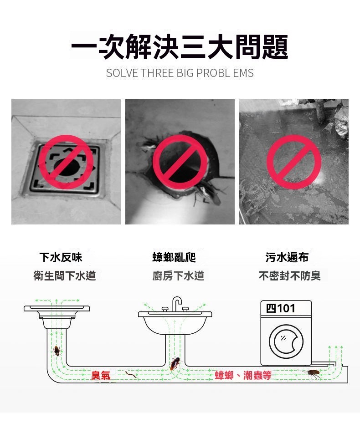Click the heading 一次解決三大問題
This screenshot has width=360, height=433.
(180, 46)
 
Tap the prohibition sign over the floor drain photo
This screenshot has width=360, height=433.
(66, 162)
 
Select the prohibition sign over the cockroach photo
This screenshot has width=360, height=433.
(180, 162)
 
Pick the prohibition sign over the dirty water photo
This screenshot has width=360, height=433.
(293, 162)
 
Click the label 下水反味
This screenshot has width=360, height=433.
(61, 257)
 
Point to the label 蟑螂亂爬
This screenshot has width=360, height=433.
(174, 257)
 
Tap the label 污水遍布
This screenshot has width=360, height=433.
(287, 257)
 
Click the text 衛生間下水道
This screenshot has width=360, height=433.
(65, 275)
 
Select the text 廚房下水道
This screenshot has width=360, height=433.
(178, 275)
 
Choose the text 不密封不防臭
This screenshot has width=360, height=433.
(290, 275)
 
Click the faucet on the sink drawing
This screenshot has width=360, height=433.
(176, 303)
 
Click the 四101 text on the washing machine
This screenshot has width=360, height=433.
(280, 308)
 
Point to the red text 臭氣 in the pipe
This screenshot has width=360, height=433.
(101, 375)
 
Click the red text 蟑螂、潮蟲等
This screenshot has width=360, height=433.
(243, 375)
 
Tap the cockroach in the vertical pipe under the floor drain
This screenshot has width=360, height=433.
(57, 351)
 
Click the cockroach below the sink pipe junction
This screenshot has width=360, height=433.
(175, 364)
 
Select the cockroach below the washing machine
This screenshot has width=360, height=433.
(312, 374)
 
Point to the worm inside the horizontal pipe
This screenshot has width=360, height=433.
(131, 375)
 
